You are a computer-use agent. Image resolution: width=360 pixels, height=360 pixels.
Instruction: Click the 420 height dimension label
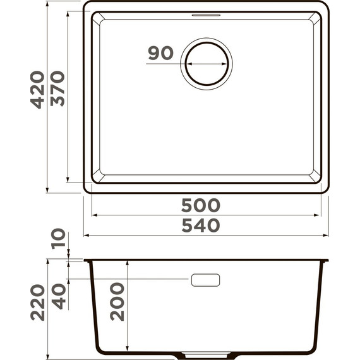click(x=38, y=90)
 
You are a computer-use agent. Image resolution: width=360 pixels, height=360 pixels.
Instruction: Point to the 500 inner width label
click(x=201, y=205)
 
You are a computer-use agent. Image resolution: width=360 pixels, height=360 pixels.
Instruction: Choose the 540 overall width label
click(x=201, y=225)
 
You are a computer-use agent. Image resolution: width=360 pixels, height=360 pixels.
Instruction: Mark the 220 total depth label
click(x=38, y=302)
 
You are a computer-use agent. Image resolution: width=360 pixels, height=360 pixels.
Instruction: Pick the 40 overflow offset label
click(x=59, y=296)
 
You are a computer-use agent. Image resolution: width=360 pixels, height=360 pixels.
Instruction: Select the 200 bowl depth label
click(x=117, y=302)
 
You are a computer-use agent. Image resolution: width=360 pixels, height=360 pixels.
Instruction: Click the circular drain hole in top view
click(x=207, y=64)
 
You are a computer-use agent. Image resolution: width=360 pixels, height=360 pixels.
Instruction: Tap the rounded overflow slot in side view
click(x=205, y=279)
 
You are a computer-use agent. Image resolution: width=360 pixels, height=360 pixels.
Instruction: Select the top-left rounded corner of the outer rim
click(x=88, y=6)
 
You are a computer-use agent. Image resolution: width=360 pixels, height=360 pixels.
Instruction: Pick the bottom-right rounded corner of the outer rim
click(x=325, y=188)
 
